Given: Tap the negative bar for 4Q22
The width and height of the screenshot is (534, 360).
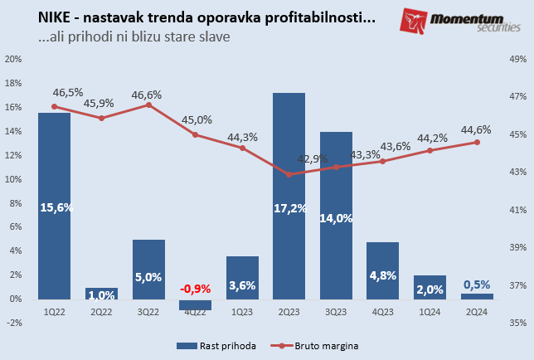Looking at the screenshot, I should (195, 304).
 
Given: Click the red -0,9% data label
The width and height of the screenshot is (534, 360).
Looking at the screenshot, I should (196, 289).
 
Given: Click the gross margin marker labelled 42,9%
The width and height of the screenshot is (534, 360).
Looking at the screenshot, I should (289, 174).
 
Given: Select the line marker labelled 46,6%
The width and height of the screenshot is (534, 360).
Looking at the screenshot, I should (148, 105).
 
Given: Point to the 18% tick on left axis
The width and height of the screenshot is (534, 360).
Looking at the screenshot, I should (13, 84).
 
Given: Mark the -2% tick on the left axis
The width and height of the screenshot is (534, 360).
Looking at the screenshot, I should (13, 323).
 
